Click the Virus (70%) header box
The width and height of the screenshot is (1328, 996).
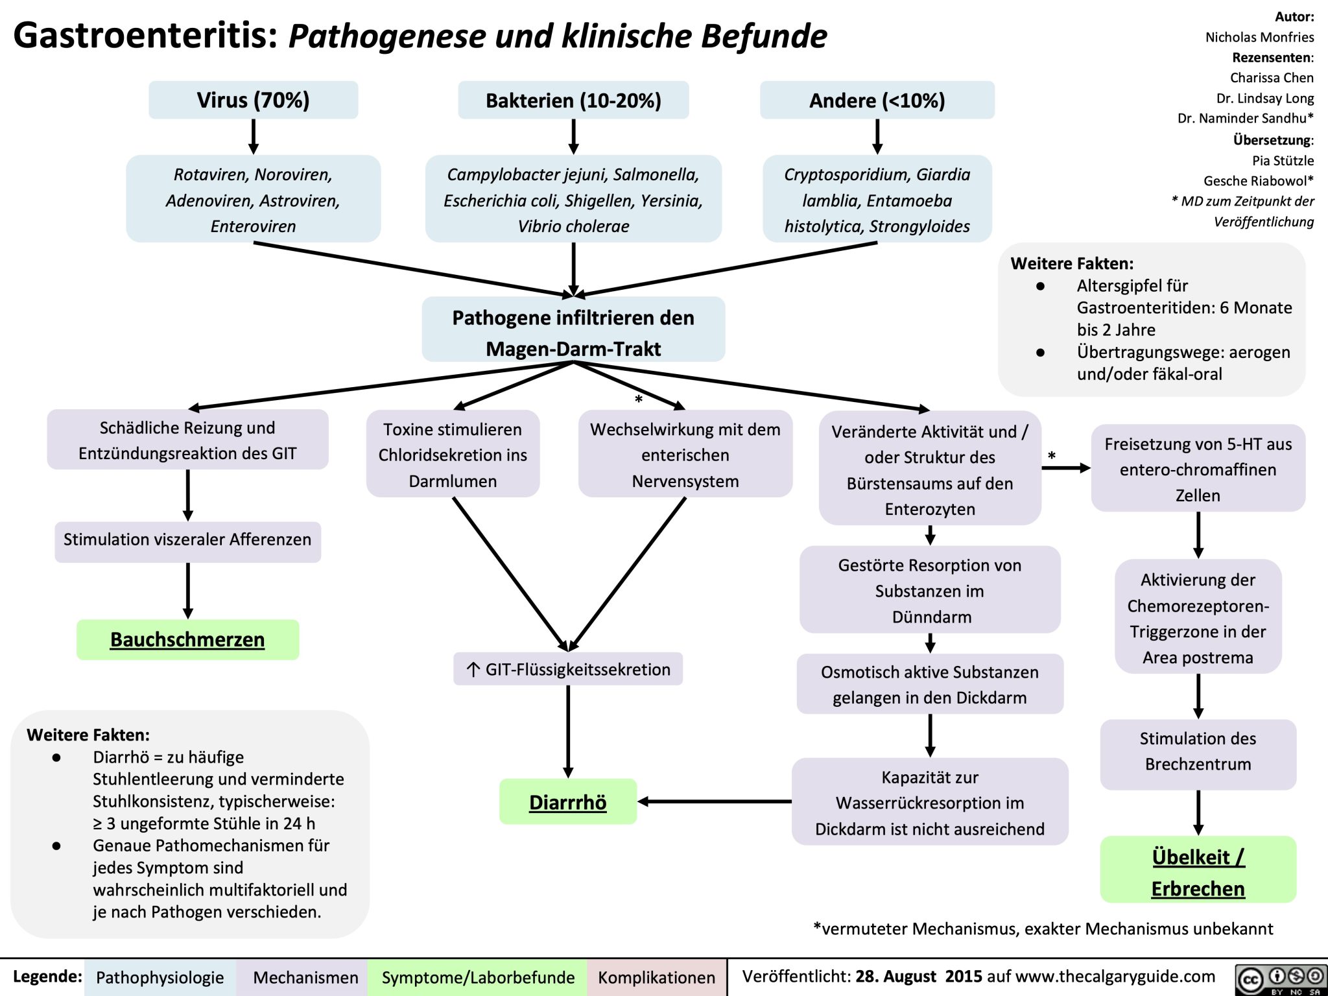253,100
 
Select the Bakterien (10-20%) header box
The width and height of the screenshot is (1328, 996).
573,100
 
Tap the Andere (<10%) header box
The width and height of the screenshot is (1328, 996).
877,100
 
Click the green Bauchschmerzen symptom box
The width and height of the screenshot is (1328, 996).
187,639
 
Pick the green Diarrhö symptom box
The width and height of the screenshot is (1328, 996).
567,801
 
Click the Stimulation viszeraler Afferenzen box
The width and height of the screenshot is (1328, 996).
187,540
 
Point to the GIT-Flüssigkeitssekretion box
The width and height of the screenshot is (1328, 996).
568,669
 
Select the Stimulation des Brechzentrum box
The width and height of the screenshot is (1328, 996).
1198,752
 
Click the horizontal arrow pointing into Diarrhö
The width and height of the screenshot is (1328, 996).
713,801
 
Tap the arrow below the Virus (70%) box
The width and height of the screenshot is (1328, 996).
254,136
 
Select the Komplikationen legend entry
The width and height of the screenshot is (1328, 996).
656,977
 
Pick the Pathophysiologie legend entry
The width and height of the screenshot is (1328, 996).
160,977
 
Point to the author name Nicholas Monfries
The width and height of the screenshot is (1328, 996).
1259,37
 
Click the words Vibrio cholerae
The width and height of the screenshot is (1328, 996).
573,226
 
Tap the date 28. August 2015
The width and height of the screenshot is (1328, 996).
918,977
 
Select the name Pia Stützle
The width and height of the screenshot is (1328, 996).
1282,160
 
